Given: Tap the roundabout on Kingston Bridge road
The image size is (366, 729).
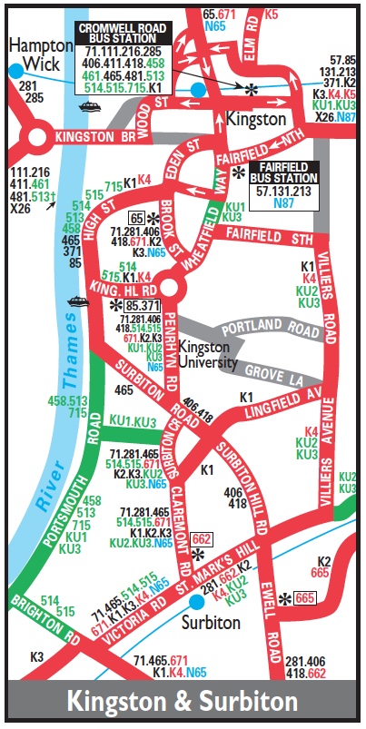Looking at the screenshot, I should [x=38, y=139].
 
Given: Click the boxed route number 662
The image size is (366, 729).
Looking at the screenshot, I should [x=203, y=538].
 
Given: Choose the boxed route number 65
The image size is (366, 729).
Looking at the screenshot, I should [x=137, y=219].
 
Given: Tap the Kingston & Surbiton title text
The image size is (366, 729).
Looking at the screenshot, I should [x=183, y=702].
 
